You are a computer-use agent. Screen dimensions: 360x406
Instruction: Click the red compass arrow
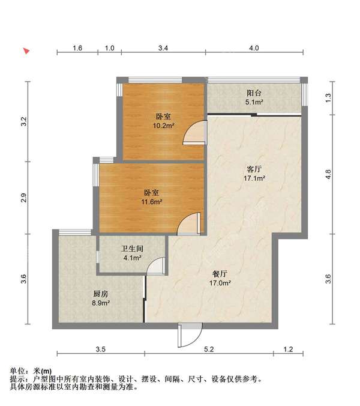pyautogui.click(x=26, y=51)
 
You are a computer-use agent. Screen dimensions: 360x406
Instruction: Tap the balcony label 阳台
pyautogui.click(x=254, y=93)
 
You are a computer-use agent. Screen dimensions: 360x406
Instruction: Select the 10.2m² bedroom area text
pyautogui.click(x=163, y=126)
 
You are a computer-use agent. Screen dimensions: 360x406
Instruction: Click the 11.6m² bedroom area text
pyautogui.click(x=152, y=202)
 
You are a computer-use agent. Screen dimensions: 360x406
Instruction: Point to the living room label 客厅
pyautogui.click(x=254, y=169)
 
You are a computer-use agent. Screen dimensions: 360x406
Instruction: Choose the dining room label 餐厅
pyautogui.click(x=220, y=274)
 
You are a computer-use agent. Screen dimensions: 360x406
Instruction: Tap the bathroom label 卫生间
pyautogui.click(x=132, y=249)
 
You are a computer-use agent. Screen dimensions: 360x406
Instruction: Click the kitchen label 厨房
pyautogui.click(x=101, y=294)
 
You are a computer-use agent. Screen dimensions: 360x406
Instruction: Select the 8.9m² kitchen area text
pyautogui.click(x=101, y=303)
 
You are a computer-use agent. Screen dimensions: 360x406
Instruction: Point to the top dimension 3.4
pyautogui.click(x=163, y=48)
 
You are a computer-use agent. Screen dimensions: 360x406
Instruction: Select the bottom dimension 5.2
pyautogui.click(x=209, y=350)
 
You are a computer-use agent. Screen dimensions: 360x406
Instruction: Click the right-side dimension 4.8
pyautogui.click(x=328, y=174)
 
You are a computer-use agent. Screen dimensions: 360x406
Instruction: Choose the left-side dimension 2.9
pyautogui.click(x=24, y=198)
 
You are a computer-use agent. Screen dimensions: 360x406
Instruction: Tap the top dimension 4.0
pyautogui.click(x=254, y=48)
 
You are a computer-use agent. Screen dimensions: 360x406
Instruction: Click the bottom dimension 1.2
pyautogui.click(x=288, y=350)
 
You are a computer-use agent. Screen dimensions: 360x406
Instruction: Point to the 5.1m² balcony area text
pyautogui.click(x=254, y=102)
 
